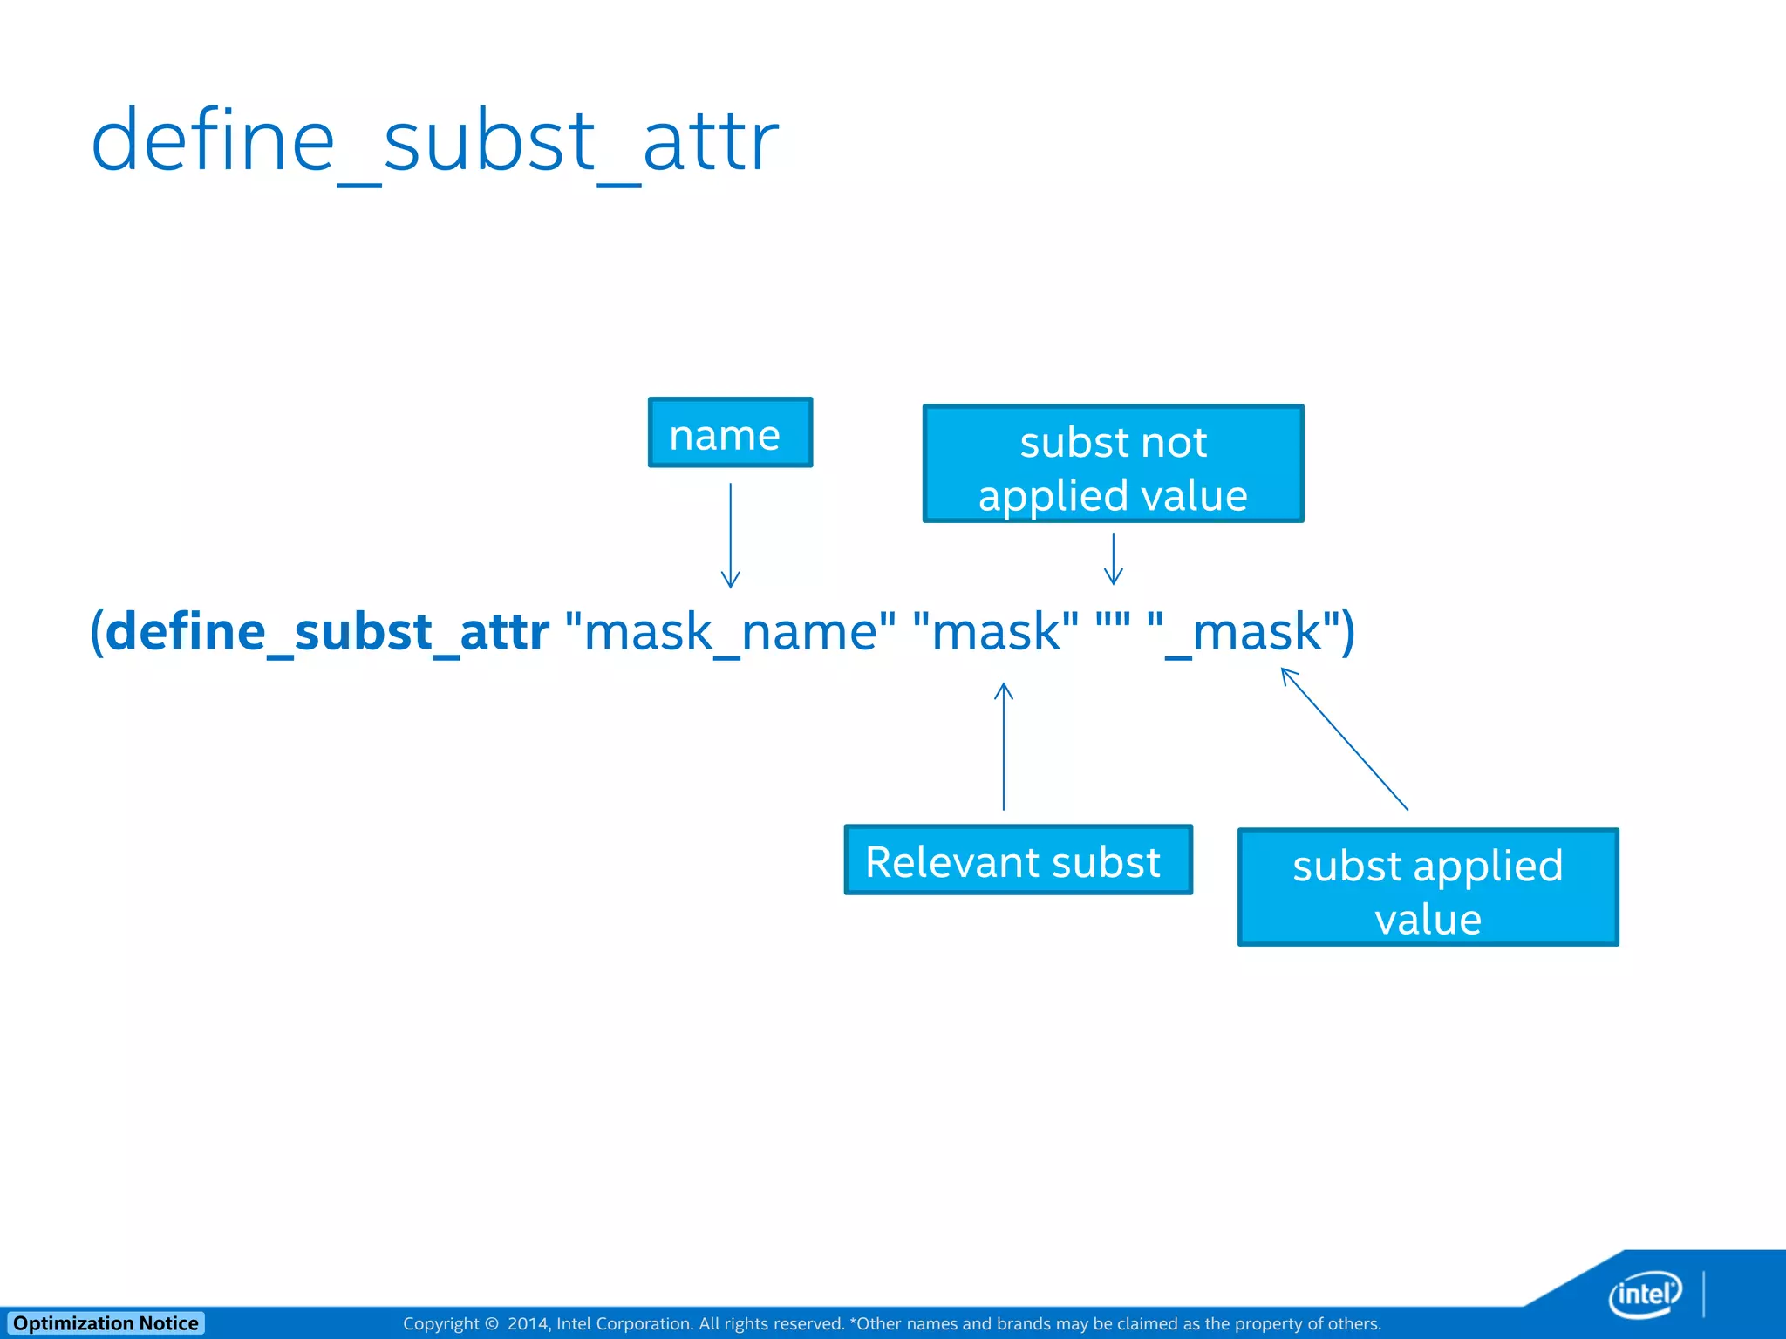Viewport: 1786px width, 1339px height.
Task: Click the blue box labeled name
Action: click(730, 433)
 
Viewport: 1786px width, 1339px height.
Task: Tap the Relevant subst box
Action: click(1017, 860)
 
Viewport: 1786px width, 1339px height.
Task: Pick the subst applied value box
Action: click(1428, 887)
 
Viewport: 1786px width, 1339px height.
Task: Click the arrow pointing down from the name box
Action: click(731, 535)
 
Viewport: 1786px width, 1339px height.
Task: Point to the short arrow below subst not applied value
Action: click(1114, 559)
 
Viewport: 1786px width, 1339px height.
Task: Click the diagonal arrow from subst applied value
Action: click(1344, 738)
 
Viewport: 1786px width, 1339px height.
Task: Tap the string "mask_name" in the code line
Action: click(731, 631)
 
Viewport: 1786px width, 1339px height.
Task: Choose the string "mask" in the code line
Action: click(995, 631)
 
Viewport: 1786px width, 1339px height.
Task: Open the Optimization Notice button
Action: click(106, 1323)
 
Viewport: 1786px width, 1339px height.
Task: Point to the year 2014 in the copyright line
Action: click(528, 1324)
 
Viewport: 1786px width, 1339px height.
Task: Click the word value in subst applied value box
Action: click(1428, 920)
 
